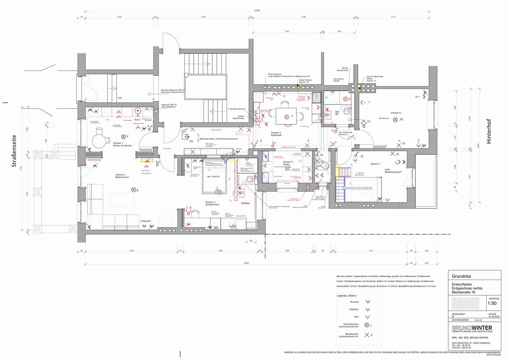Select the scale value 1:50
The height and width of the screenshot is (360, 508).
[492, 304]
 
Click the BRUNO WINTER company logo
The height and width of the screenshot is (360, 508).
[472, 329]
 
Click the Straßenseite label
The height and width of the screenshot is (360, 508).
[14, 155]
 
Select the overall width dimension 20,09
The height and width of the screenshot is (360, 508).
[256, 11]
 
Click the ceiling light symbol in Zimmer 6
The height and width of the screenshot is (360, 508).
[395, 120]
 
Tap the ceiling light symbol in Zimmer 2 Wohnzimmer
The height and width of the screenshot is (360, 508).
[133, 189]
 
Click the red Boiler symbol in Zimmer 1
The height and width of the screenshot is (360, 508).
[138, 111]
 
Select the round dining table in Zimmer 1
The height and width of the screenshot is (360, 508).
[99, 141]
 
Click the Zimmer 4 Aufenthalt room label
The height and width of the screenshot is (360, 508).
[276, 134]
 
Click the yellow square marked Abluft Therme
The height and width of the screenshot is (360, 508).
[298, 87]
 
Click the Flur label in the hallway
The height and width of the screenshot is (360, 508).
[191, 141]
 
